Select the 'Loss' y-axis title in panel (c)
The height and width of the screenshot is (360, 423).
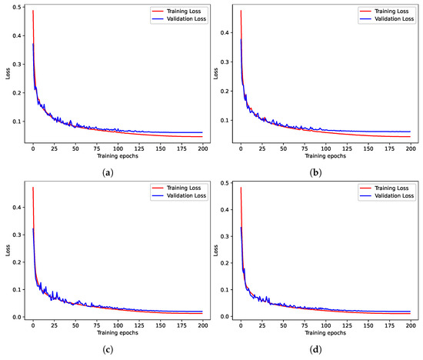point(7,252)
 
